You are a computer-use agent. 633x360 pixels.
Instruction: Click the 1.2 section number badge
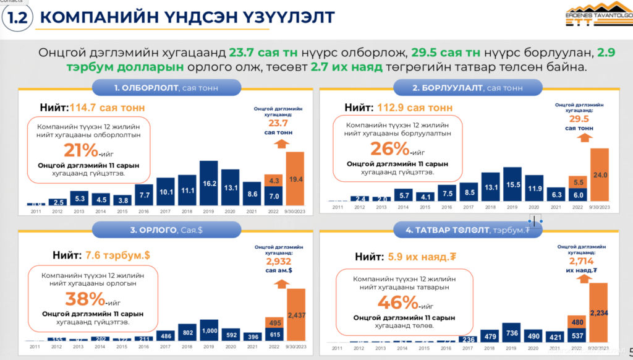17,17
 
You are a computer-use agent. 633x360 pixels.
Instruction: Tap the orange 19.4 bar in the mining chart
295,178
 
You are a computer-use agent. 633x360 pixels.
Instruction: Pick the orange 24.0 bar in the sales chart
600,174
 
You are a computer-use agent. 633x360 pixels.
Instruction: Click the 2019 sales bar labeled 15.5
512,184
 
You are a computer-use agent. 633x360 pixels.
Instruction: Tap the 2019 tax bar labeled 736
512,333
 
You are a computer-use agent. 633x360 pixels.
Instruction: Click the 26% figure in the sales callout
389,148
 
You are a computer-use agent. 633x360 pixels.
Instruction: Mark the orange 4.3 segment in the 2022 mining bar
273,180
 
